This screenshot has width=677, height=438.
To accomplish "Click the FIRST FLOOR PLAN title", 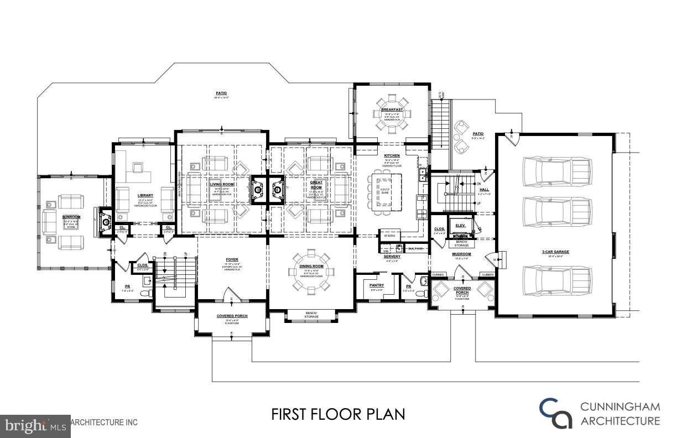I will tap(338, 414).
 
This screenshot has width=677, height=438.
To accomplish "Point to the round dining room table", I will tap(311, 271).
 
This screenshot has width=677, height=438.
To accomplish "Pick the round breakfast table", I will tap(392, 114).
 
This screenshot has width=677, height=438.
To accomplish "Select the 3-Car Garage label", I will tap(555, 252).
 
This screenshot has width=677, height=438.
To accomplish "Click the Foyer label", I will tap(232, 259).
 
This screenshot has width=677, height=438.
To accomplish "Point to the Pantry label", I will tap(376, 285).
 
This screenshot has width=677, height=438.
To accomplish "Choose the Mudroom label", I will tap(461, 254).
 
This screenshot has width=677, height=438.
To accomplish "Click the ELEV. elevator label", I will tap(460, 225).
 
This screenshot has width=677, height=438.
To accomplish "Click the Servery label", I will tap(392, 257).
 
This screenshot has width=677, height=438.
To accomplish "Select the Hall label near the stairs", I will tap(484, 189).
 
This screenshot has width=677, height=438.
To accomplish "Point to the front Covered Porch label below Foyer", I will tap(232, 316).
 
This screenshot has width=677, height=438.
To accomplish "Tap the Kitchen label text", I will tap(392, 156).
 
